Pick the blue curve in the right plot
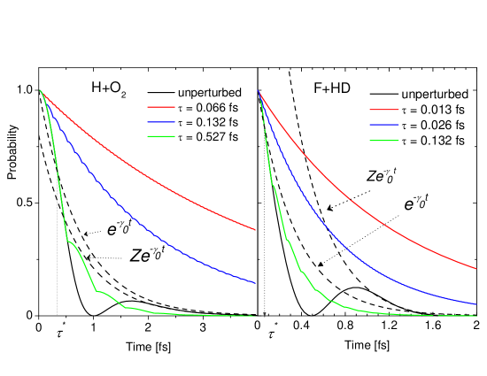[354, 256]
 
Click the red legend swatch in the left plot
[160, 107]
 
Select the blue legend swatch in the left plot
[160, 122]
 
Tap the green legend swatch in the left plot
[160, 136]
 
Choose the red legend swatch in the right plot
[383, 110]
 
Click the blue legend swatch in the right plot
[383, 125]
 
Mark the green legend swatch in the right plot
[383, 141]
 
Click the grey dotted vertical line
[264, 221]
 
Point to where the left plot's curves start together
[40, 89]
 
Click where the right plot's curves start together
[258, 89]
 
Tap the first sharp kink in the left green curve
[67, 241]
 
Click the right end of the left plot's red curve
[255, 230]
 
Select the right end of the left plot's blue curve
[255, 283]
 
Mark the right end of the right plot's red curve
[475, 268]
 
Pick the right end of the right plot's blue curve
[475, 304]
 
